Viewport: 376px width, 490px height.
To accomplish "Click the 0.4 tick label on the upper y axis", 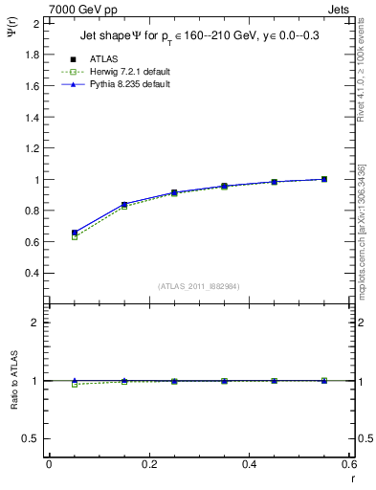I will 33,273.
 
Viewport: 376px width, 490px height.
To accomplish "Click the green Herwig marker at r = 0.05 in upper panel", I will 74,236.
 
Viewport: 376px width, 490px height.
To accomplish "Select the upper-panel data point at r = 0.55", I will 324,179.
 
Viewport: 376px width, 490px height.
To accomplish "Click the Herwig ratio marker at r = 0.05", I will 74,384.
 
